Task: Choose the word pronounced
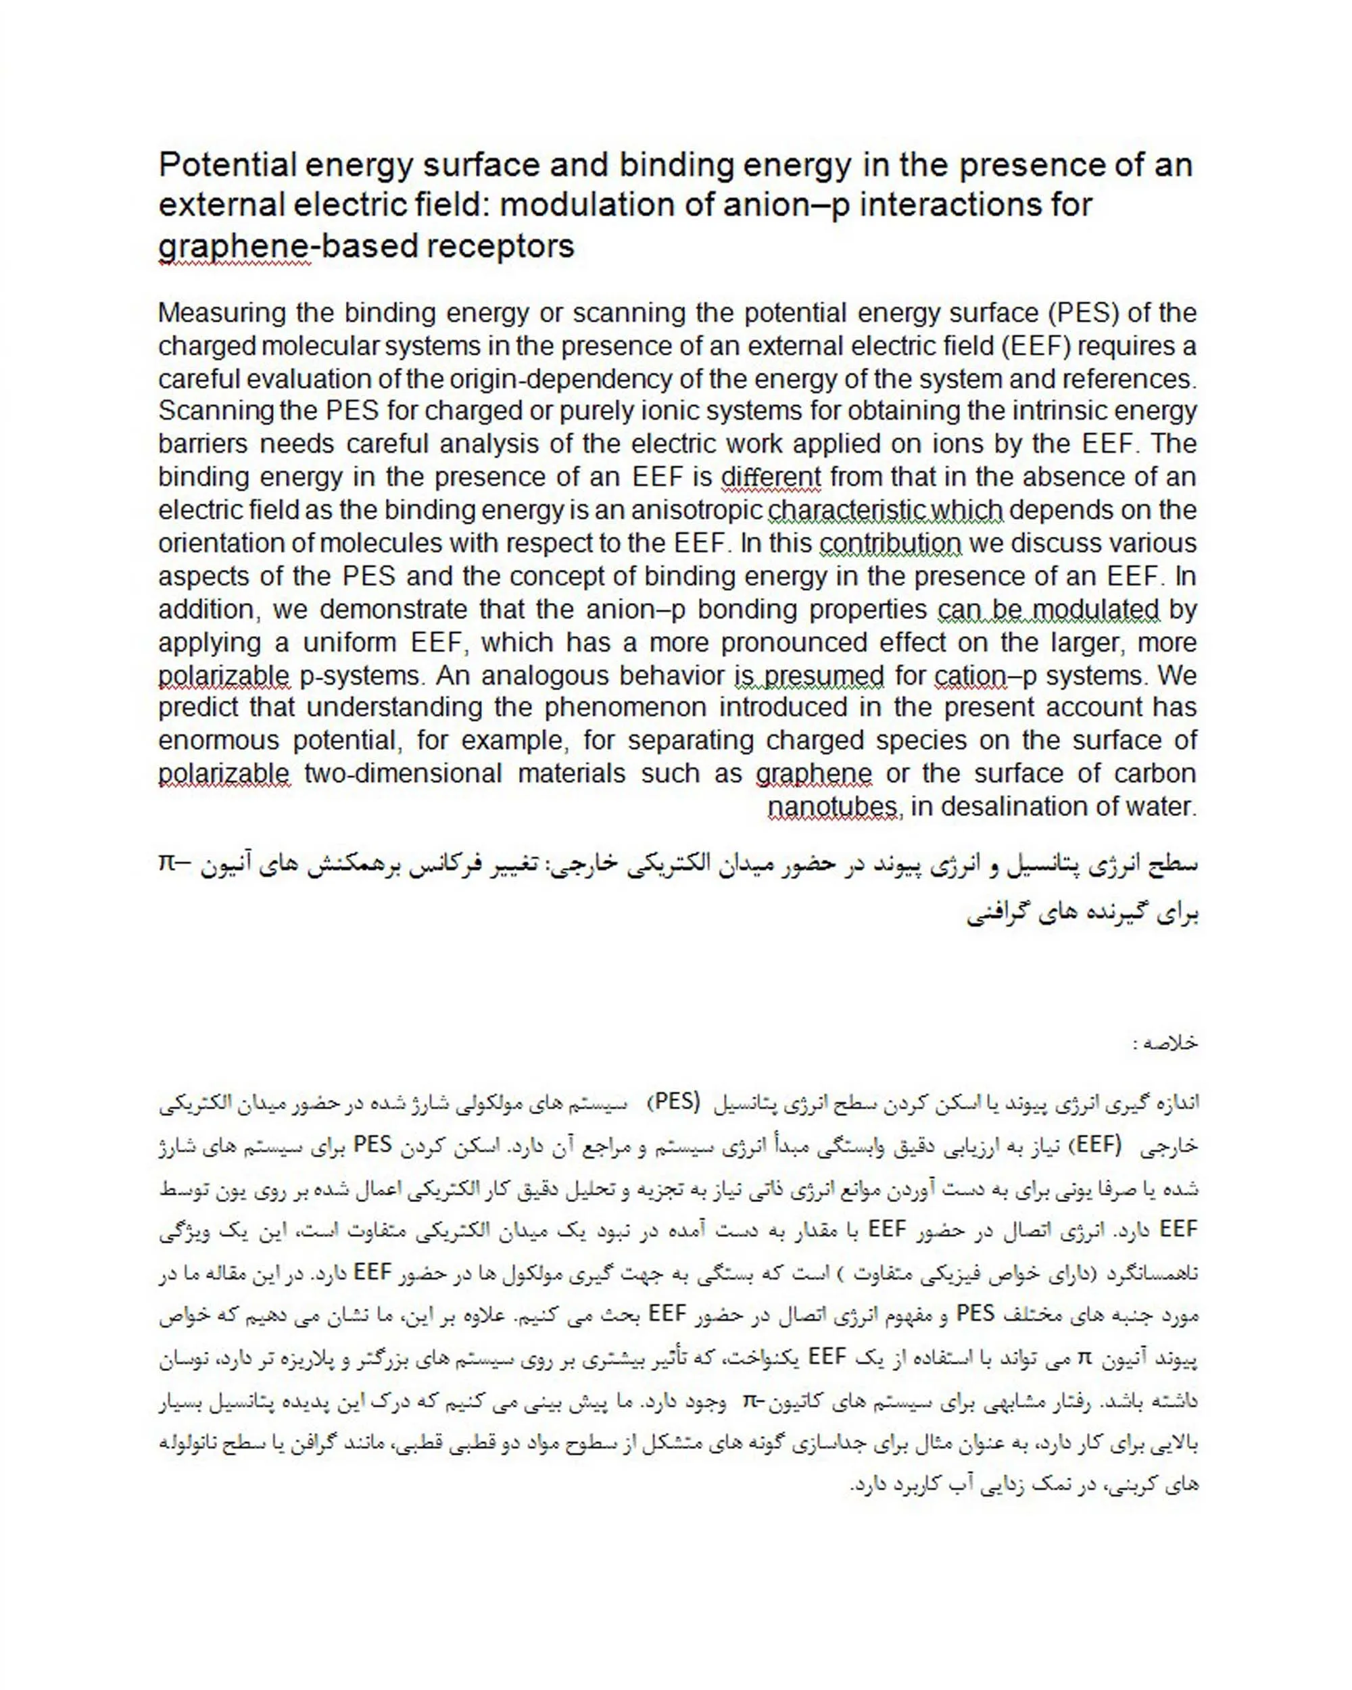point(794,643)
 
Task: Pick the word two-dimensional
point(403,773)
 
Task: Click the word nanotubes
point(832,806)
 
